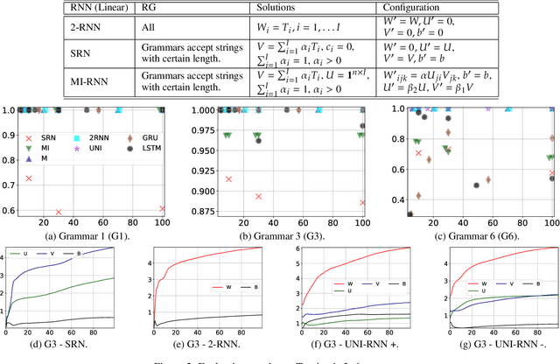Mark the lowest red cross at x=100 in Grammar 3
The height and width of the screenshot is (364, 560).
point(362,203)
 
